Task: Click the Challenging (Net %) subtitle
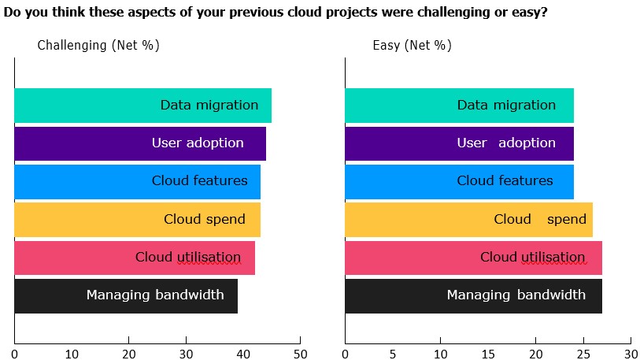(x=98, y=45)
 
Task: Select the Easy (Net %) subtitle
(x=412, y=45)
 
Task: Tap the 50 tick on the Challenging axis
(x=300, y=354)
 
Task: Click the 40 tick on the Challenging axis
(x=242, y=354)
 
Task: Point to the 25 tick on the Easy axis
(x=583, y=354)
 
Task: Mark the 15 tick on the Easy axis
(x=488, y=354)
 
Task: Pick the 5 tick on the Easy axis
(x=393, y=354)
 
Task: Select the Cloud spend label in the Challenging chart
(x=205, y=220)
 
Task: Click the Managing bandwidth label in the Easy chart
(x=516, y=295)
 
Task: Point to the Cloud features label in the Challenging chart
(x=200, y=181)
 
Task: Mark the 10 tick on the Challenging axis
(x=72, y=354)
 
